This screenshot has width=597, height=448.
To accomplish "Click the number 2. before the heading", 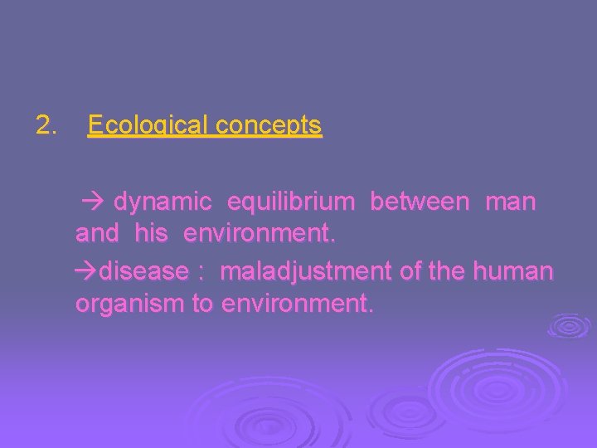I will tap(46, 126).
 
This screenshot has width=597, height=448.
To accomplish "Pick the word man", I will tap(510, 202).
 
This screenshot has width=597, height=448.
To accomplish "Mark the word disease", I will tap(142, 270).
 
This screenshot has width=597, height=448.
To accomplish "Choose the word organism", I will tap(130, 304).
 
